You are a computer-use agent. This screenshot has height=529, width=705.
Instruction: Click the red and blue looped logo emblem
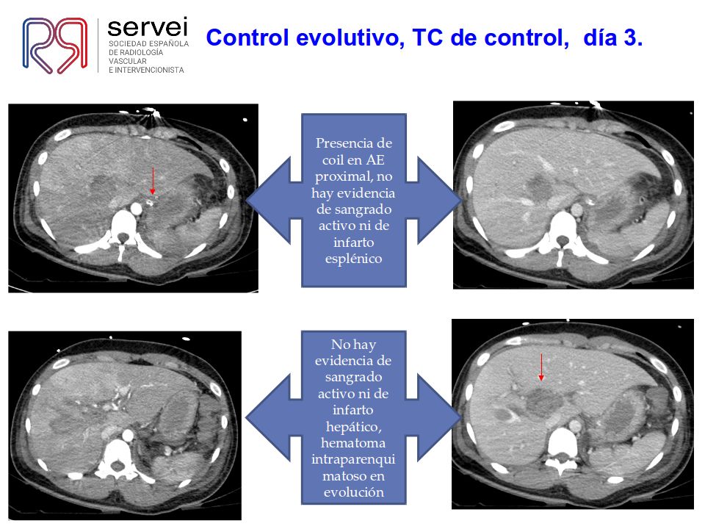point(55,45)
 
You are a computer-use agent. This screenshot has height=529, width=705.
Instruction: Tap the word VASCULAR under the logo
point(128,61)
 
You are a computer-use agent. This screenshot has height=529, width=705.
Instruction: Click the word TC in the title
point(427,37)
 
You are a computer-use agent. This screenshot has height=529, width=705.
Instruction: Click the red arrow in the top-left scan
point(153,181)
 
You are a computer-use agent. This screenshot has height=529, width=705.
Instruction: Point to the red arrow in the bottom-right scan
point(541,367)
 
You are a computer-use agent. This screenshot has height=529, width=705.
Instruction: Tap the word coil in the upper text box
point(333,160)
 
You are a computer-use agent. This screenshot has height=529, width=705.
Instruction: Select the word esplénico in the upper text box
point(353,259)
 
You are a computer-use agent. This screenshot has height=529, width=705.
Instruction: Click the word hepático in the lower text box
point(353,427)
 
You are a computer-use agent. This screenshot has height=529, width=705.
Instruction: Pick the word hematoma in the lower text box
point(353,443)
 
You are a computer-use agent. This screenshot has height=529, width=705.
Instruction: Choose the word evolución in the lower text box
point(353,492)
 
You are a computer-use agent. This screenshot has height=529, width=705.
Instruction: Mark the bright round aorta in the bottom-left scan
point(128,436)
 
